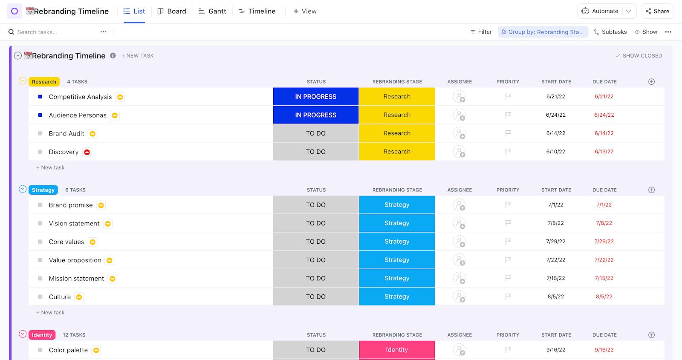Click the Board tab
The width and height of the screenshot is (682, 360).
click(x=172, y=11)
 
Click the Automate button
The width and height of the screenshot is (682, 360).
click(x=600, y=11)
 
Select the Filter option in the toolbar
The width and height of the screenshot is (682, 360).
click(x=481, y=32)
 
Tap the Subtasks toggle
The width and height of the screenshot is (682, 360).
click(x=610, y=32)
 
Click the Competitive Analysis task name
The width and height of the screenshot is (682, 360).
click(x=80, y=97)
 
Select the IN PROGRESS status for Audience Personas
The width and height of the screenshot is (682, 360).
click(x=315, y=115)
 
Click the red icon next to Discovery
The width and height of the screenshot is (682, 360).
click(x=87, y=152)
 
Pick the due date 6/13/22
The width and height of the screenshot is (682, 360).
click(x=604, y=152)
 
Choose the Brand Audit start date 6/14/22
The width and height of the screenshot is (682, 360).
click(x=555, y=133)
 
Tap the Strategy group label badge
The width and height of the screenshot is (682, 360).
click(x=43, y=190)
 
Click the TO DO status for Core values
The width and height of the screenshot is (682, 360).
click(x=315, y=242)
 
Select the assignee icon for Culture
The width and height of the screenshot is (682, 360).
click(x=459, y=297)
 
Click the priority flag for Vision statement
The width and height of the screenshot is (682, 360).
click(x=508, y=223)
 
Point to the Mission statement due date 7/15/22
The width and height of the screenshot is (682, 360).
click(x=604, y=278)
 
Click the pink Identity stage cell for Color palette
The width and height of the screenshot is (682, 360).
click(x=397, y=350)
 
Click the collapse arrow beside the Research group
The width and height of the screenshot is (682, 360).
click(x=23, y=81)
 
